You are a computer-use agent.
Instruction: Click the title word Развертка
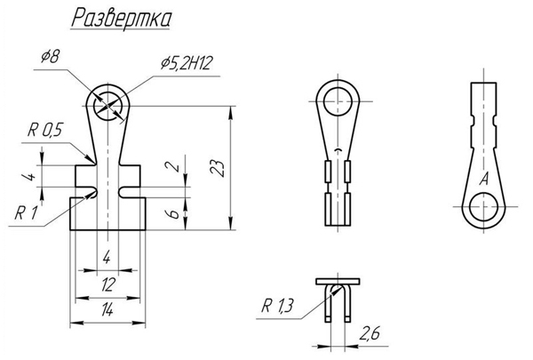122,19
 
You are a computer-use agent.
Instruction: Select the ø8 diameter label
51,57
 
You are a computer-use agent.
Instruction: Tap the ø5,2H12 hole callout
187,63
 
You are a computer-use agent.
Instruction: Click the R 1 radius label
26,213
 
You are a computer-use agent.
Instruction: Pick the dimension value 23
218,167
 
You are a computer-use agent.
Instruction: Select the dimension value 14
107,310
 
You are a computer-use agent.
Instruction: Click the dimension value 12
107,284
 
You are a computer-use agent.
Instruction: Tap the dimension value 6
173,214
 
